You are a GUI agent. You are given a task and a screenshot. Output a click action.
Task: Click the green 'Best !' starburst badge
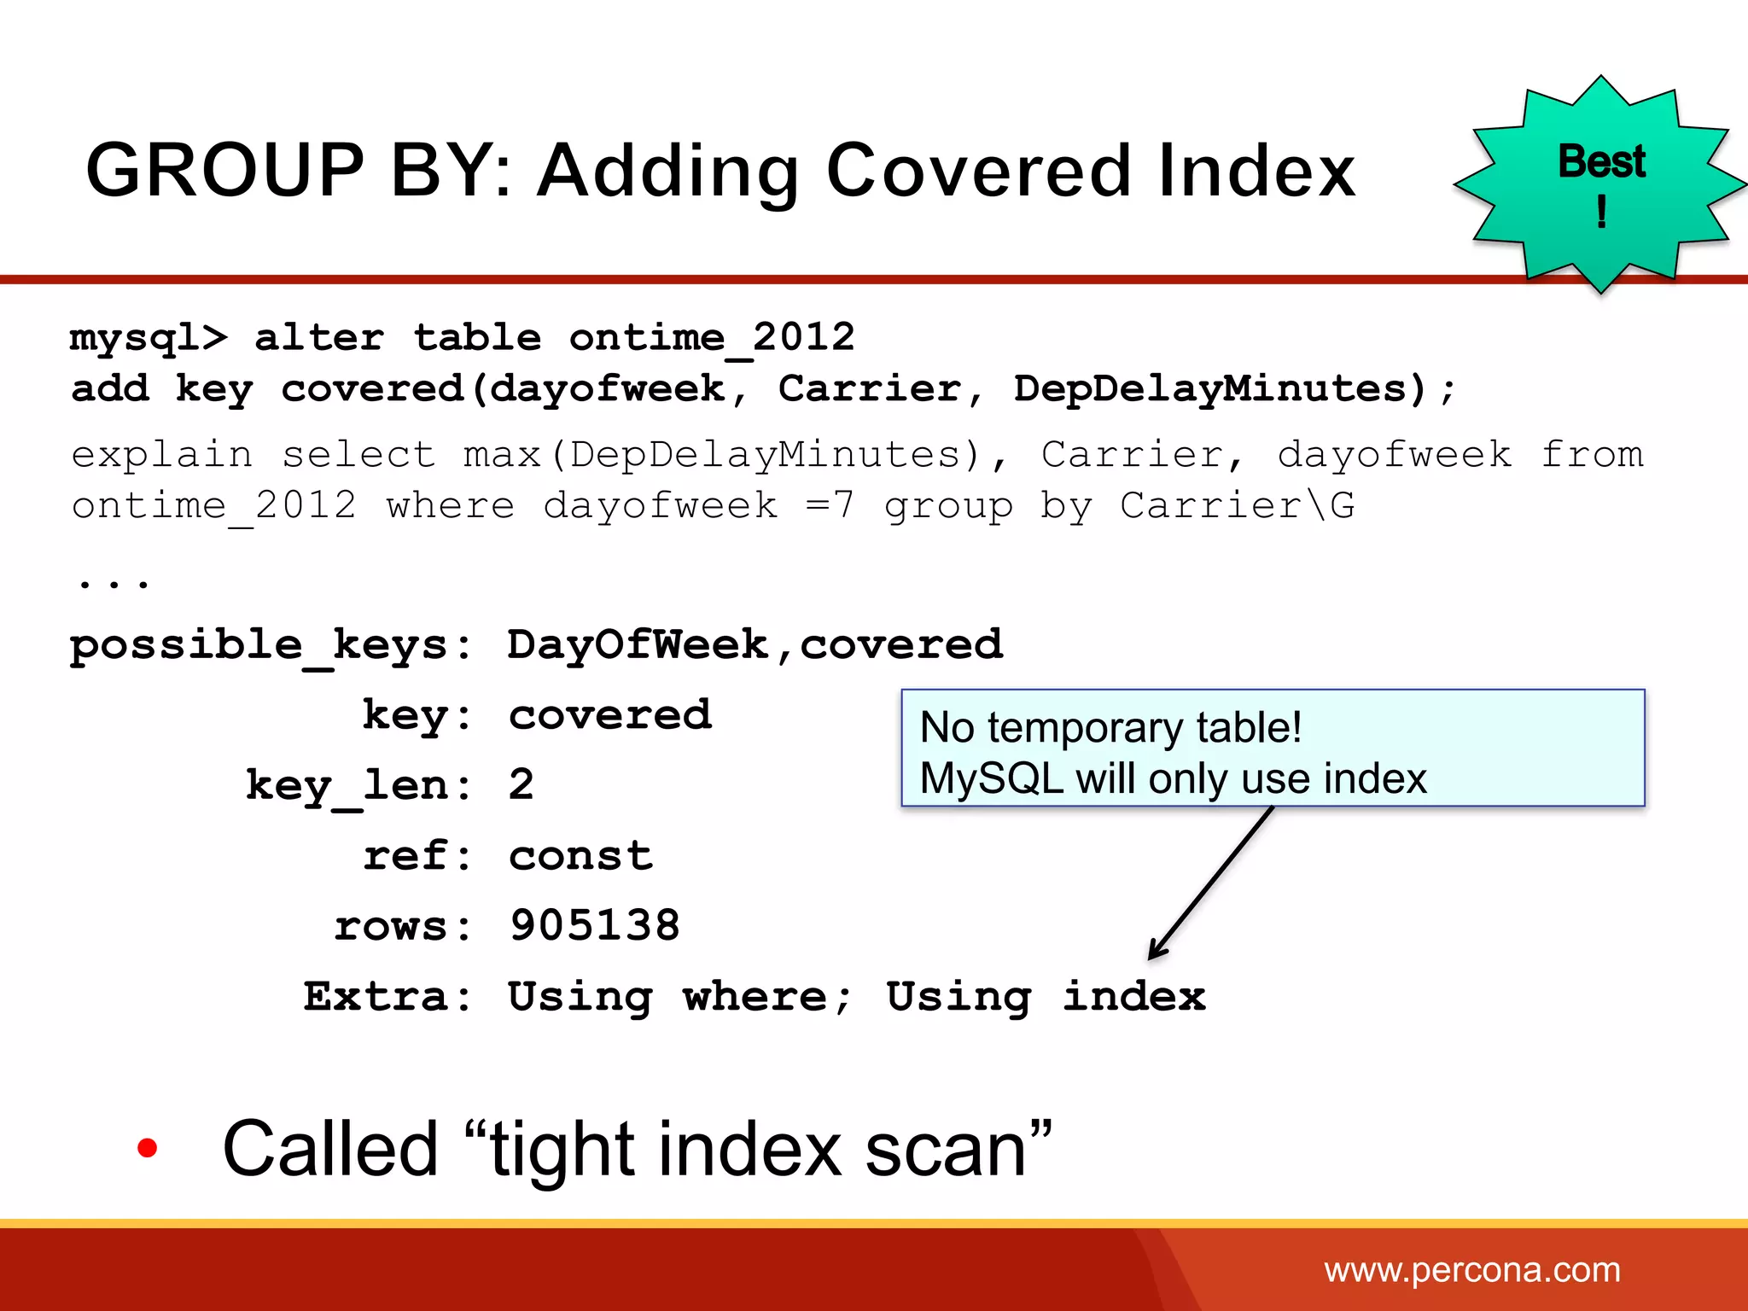[x=1601, y=184]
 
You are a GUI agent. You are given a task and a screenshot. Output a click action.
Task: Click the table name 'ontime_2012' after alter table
[x=712, y=338]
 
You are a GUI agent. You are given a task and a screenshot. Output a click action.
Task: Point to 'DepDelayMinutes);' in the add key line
[x=1234, y=390]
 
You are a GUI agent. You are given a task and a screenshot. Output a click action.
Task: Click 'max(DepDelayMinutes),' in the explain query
[x=735, y=455]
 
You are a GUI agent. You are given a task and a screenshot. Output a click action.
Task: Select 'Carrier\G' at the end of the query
[x=1237, y=506]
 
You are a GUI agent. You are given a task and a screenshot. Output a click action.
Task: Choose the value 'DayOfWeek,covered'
[x=755, y=645]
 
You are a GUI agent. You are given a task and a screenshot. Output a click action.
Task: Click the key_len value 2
[x=521, y=784]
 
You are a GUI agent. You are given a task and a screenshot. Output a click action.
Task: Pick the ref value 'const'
[x=580, y=856]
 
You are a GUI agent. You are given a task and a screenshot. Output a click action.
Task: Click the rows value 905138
[x=595, y=926]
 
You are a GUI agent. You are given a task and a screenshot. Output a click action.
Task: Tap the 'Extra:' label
[x=387, y=997]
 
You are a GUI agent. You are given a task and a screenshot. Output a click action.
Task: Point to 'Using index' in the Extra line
[x=1046, y=997]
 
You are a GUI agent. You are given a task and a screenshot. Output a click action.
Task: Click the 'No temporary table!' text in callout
[x=1110, y=728]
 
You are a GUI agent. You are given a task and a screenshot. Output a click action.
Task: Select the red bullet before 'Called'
[x=148, y=1149]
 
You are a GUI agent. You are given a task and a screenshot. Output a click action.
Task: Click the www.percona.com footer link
[x=1471, y=1270]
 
